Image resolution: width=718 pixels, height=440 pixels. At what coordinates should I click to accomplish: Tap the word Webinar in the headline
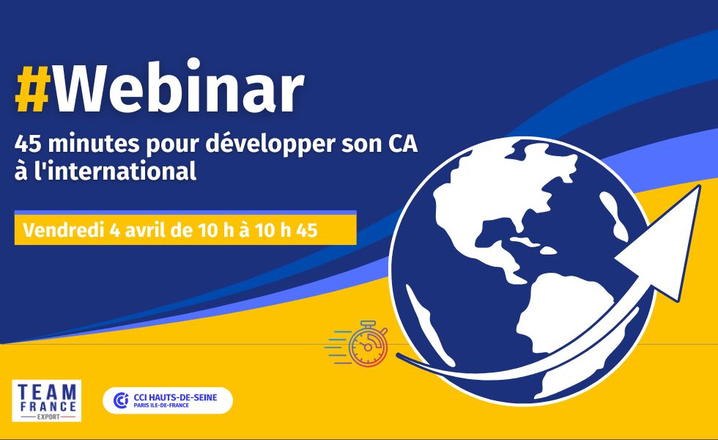pyautogui.click(x=179, y=87)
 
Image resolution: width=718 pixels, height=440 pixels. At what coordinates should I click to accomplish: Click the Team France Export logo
pyautogui.click(x=47, y=400)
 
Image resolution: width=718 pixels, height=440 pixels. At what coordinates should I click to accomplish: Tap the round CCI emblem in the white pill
pyautogui.click(x=121, y=400)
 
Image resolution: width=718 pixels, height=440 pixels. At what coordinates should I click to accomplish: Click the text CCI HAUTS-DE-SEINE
pyautogui.click(x=175, y=397)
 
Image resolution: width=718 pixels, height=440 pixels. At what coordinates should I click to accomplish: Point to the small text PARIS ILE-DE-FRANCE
pyautogui.click(x=161, y=406)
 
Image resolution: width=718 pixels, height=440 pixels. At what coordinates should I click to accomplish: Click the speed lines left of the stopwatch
pyautogui.click(x=337, y=347)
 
